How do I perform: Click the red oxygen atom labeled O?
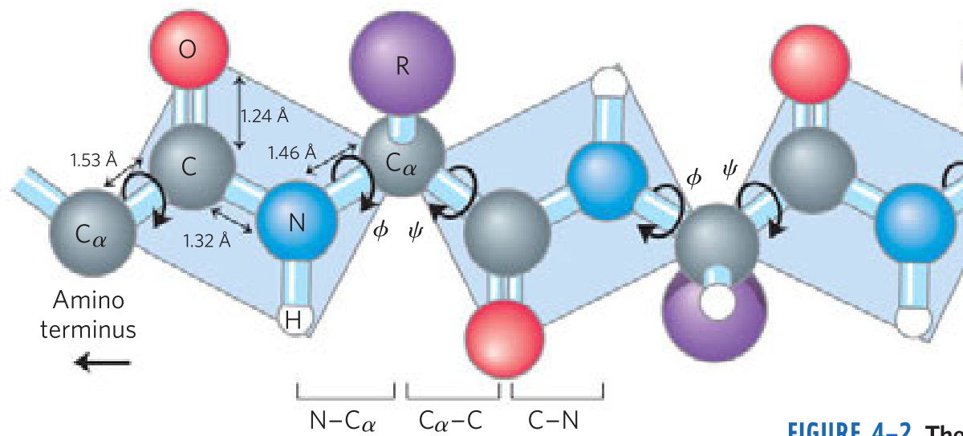187,50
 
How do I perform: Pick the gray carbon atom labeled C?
189,166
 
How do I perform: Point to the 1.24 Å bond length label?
265,116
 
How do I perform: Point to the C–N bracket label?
554,420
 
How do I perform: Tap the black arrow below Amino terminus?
103,364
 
